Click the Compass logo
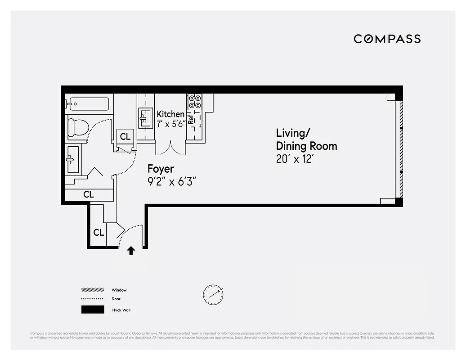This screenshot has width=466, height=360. click(x=387, y=39)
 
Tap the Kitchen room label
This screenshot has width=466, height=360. click(x=170, y=114)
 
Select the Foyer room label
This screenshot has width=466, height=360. click(x=161, y=169)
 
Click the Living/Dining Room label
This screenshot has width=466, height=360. click(x=306, y=139)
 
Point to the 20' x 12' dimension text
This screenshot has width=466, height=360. click(x=294, y=159)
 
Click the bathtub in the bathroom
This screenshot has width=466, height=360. click(x=88, y=104)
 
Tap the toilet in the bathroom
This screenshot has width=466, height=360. click(x=78, y=127)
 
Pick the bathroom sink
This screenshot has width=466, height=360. click(x=72, y=159)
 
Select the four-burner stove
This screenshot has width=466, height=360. click(x=194, y=102)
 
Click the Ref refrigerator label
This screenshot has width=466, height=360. click(x=191, y=119)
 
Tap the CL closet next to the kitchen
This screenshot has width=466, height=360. click(x=125, y=136)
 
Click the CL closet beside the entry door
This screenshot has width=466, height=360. click(x=99, y=233)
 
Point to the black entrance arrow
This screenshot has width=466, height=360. click(x=131, y=250)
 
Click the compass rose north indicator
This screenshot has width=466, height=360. click(x=213, y=294)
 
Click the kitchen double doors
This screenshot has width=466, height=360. click(x=170, y=147)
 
